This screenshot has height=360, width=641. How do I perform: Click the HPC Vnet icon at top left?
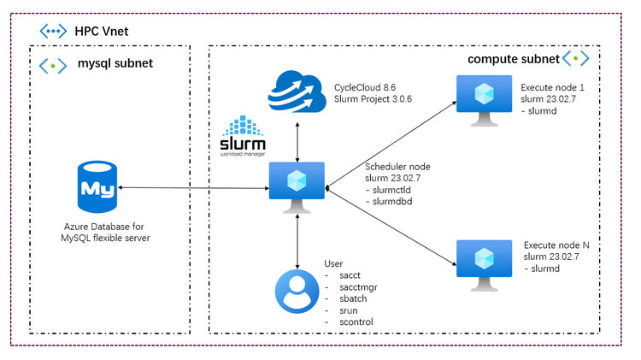[53, 31]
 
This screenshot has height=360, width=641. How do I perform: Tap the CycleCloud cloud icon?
[295, 92]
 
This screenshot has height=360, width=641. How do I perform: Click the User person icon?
[297, 292]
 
